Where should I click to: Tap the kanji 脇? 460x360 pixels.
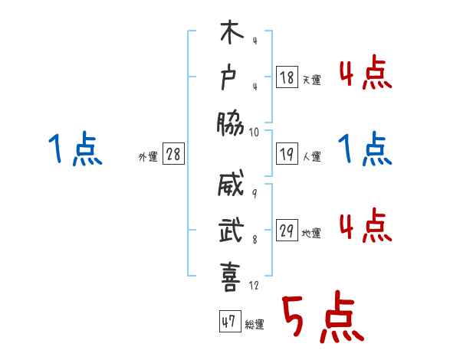point(230,123)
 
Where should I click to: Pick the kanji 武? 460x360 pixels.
point(231,231)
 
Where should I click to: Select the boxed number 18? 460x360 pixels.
point(286,77)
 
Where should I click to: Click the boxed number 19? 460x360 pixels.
point(286,155)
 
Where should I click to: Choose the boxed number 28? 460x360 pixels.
point(173,154)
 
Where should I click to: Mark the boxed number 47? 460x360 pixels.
point(228,322)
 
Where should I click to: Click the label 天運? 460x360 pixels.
point(311,79)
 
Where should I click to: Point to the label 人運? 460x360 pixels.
point(311,156)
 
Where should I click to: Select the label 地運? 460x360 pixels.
point(311,234)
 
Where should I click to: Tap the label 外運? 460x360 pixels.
point(148,156)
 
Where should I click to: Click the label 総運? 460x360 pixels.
point(255,324)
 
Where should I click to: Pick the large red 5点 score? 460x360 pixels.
point(321,318)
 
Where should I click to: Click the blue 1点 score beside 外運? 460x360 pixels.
point(75,149)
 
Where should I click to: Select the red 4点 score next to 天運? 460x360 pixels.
point(365,73)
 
